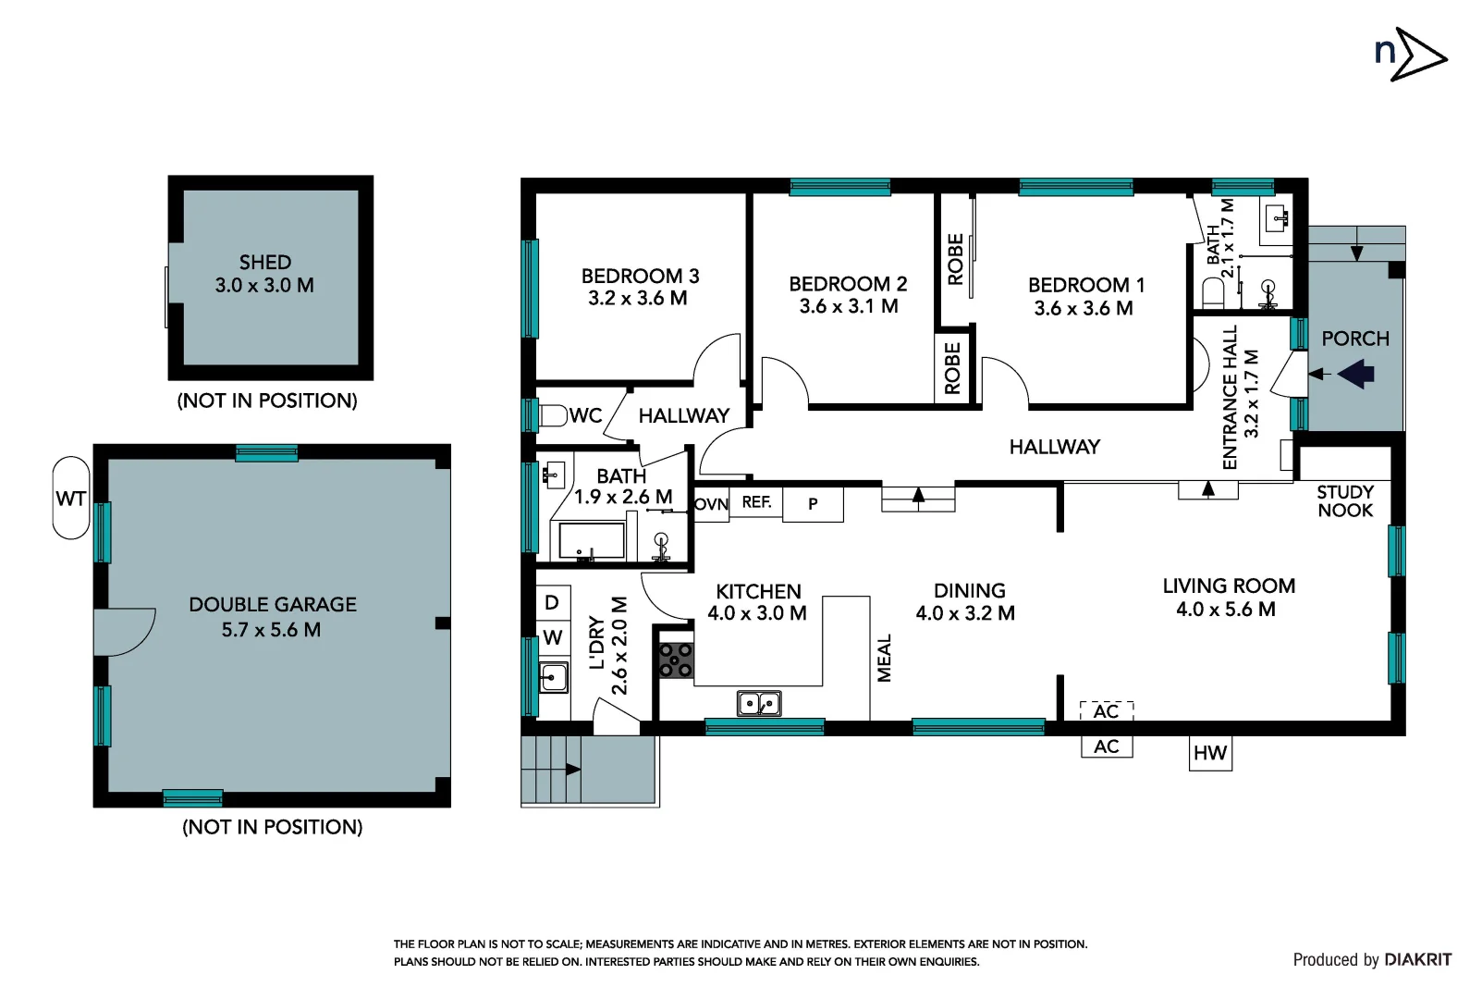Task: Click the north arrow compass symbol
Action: (1410, 55)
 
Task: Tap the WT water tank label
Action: (71, 499)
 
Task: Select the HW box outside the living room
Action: (1209, 753)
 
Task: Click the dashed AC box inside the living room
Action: (1106, 711)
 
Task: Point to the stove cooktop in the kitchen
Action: (676, 660)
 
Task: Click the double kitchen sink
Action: (759, 704)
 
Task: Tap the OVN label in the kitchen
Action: (711, 504)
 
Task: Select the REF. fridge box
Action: (756, 502)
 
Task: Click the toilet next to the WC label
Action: (553, 415)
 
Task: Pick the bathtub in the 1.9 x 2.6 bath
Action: (589, 541)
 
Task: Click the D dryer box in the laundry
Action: (552, 602)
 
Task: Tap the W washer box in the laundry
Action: (552, 637)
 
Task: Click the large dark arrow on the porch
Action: (1356, 374)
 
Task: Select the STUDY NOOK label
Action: (1345, 500)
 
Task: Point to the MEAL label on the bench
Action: (885, 658)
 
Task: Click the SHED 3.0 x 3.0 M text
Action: (265, 275)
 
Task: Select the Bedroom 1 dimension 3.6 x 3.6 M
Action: (1084, 308)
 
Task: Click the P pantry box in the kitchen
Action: (813, 504)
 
